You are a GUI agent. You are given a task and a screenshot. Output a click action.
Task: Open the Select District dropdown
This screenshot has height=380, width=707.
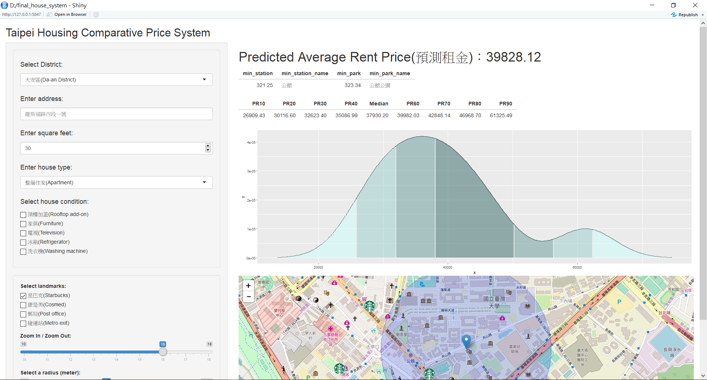(116, 80)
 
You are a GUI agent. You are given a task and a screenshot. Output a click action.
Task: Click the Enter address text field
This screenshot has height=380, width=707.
(116, 114)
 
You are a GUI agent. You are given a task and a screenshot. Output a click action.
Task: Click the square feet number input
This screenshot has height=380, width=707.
(113, 148)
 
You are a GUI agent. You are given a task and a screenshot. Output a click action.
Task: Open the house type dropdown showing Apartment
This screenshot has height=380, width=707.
(116, 182)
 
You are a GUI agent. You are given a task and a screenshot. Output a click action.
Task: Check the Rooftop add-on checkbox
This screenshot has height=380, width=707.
(23, 215)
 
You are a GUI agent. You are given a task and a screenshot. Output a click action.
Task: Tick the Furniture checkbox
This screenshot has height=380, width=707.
(23, 224)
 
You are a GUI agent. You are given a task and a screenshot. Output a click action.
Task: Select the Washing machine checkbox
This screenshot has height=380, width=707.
(23, 251)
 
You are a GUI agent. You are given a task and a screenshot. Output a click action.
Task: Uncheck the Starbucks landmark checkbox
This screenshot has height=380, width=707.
(23, 296)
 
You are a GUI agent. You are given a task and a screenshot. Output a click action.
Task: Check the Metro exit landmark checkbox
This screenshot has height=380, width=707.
(23, 323)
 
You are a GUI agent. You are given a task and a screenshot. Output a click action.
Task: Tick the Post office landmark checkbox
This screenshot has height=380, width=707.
(23, 314)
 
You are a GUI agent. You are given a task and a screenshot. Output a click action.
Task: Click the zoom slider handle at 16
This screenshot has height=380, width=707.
(163, 352)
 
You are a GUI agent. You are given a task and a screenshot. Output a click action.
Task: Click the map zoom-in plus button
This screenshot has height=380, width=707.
(249, 286)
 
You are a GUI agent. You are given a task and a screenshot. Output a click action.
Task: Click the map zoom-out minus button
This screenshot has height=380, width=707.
(249, 296)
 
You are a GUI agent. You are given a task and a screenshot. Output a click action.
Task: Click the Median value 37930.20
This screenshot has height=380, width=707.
(377, 115)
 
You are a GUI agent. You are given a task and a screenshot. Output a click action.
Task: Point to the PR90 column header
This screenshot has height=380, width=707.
(506, 104)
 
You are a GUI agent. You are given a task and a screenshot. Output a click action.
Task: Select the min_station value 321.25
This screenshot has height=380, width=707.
(264, 85)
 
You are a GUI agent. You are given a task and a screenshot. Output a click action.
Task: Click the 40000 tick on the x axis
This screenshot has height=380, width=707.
(447, 267)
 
